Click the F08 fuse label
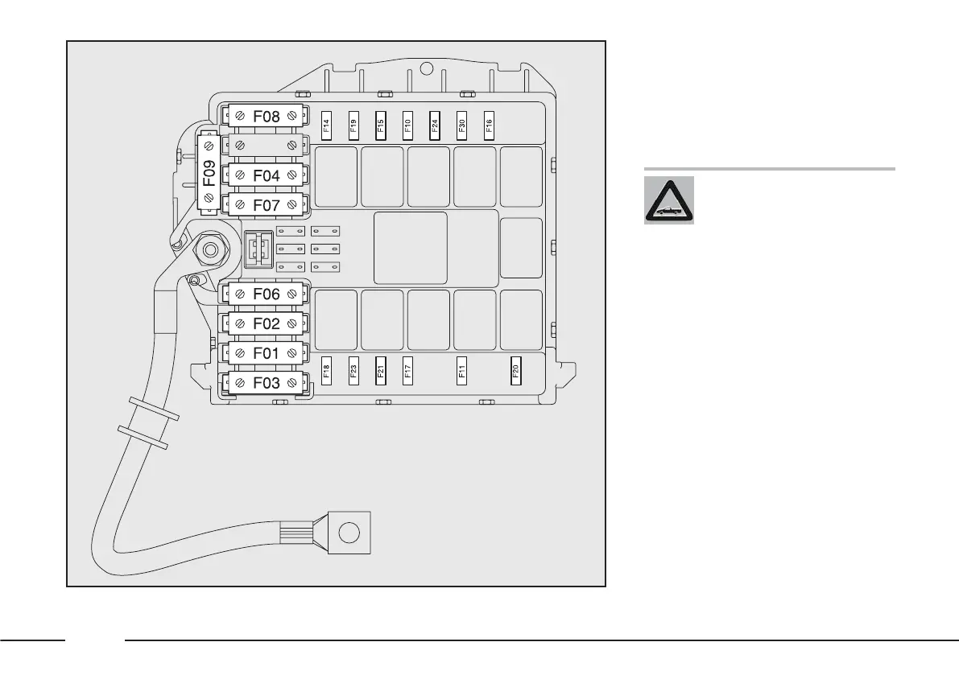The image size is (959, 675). pos(266,117)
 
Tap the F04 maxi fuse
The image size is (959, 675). pos(266,175)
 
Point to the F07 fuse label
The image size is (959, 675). pos(266,205)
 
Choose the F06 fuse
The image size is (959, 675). pos(266,294)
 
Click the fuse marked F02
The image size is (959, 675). pos(266,324)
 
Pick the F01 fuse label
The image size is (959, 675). pos(266,353)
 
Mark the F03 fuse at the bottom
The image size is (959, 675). pos(266,383)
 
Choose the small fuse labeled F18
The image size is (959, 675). pos(326,371)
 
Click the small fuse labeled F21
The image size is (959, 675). pos(381,371)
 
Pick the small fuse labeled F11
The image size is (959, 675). pos(462,371)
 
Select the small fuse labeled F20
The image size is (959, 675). pos(515,371)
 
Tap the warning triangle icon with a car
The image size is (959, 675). pos(668,200)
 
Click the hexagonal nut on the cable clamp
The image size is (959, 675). pos(209,250)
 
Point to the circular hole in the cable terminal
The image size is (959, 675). pos(349,532)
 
